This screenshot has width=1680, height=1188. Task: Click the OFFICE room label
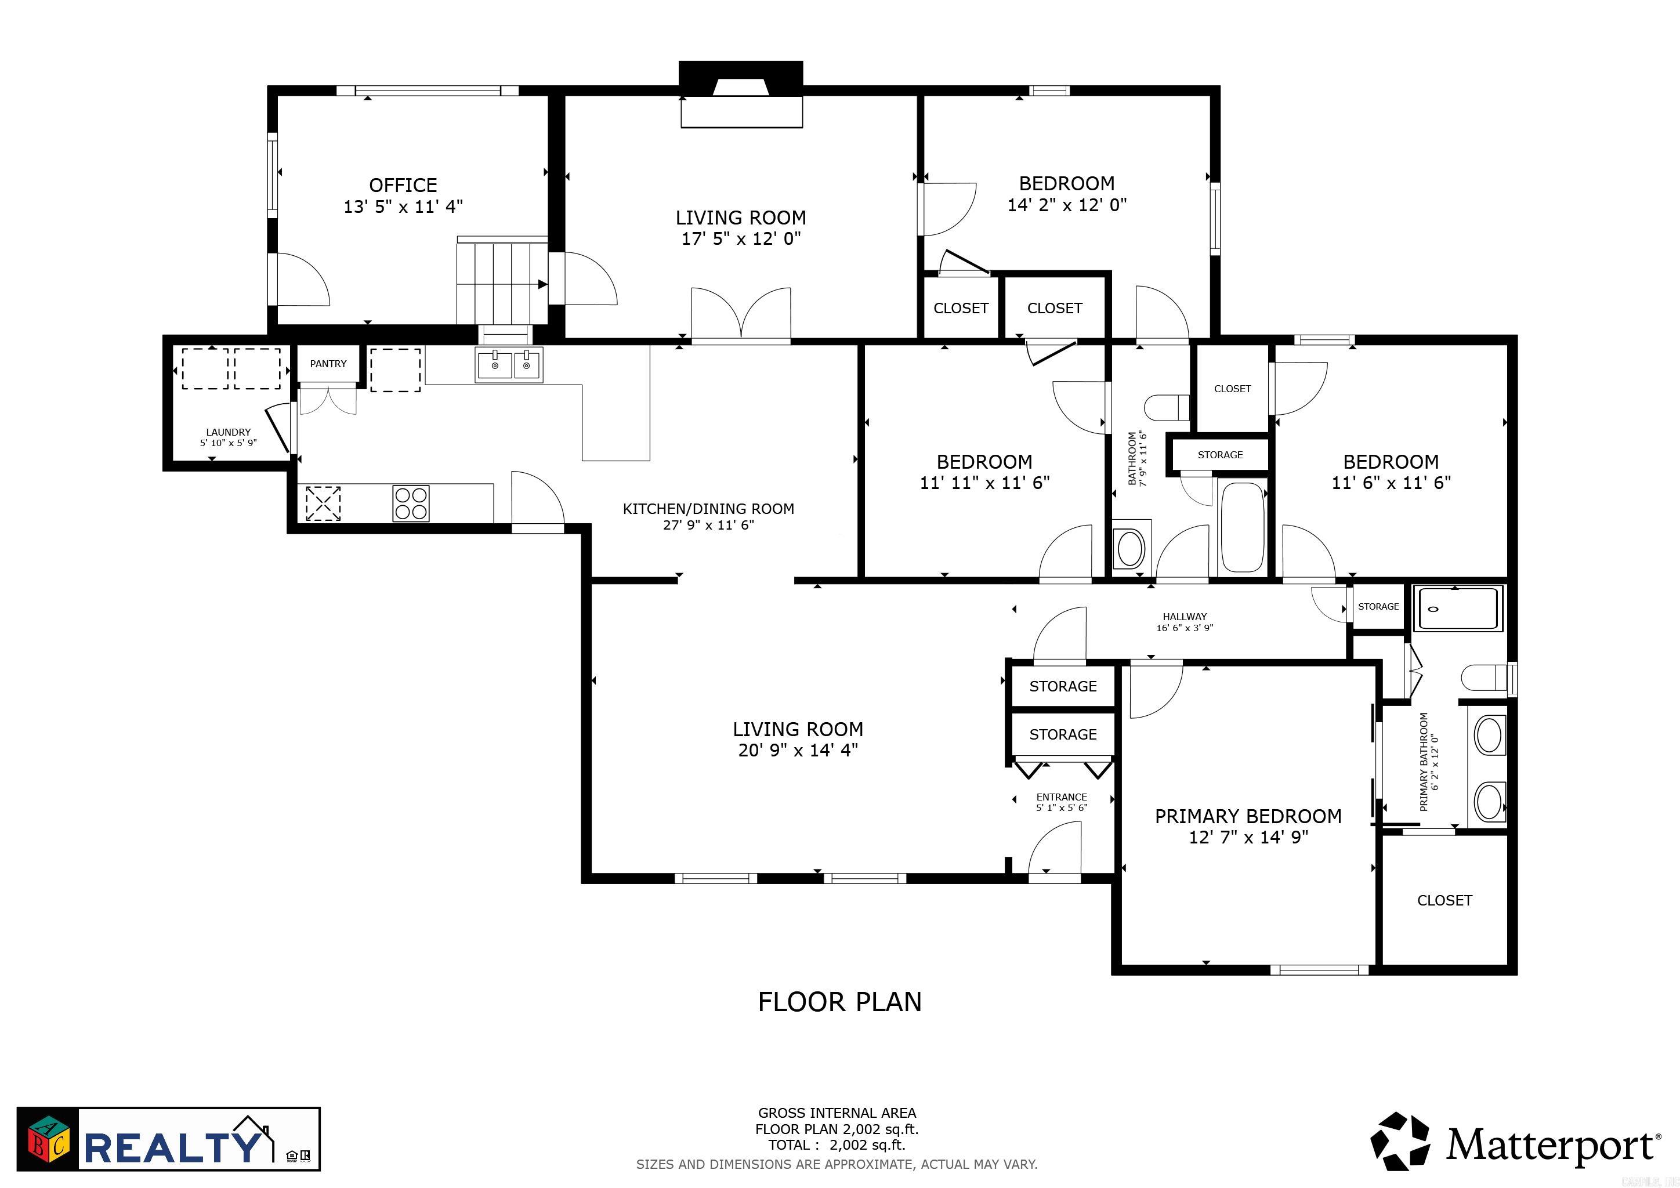point(403,185)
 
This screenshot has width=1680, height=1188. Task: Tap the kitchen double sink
point(509,365)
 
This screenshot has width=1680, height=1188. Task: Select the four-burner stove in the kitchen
point(411,504)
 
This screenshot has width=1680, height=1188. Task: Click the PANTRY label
point(328,364)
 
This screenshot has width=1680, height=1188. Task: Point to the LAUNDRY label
point(229,432)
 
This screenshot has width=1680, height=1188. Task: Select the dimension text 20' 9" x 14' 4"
point(798,750)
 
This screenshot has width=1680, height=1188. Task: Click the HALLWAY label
point(1185,617)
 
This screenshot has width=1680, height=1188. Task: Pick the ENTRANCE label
point(1061,798)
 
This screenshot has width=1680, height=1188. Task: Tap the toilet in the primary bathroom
point(1484,677)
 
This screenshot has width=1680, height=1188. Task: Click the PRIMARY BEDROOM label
point(1248,816)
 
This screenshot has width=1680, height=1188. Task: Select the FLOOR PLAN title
point(839,1001)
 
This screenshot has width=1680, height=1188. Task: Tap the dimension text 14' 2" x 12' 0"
point(1067,205)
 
